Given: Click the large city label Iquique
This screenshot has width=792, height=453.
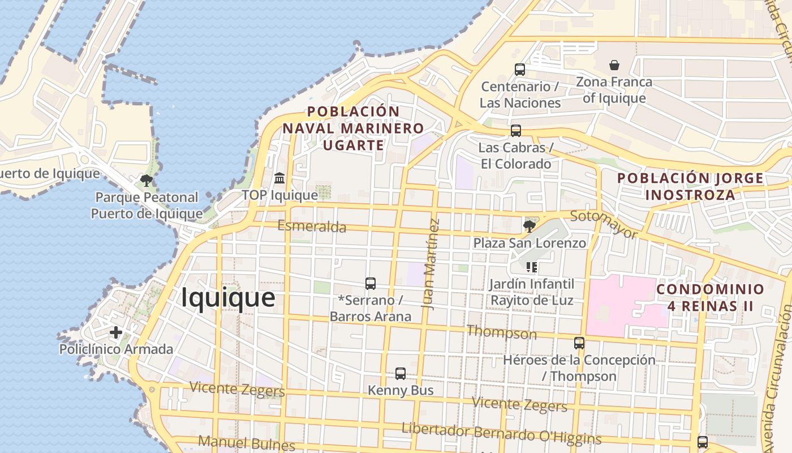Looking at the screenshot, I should coord(228,298).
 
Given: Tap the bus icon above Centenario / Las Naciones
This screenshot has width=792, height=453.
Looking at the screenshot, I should coord(520,70).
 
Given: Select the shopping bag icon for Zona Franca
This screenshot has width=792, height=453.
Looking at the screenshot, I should coord(614,65).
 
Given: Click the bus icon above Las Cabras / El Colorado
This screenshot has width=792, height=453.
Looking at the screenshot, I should coord(515,131).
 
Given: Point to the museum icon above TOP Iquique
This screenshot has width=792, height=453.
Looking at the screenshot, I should coord(279,178).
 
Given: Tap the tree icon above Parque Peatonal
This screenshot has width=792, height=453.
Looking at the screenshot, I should coord(147,181).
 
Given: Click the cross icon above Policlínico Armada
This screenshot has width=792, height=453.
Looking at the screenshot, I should coord(116,332).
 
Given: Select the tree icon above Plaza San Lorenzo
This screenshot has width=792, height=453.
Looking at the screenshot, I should coord(530,226).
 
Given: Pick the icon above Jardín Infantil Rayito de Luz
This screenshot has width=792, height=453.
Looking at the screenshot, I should coord(531,267).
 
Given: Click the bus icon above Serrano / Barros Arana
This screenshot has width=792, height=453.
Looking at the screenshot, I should coord(371,284).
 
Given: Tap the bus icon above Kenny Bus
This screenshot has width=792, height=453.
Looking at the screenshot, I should coord(401,374).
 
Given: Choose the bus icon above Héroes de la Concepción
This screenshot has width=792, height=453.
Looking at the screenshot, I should coord(579,343).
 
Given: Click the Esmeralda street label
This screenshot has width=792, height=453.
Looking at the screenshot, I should coord(312,226).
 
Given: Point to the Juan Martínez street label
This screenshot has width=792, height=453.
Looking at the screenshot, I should coord(431,264).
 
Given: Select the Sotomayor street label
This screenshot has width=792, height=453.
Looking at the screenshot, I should coord(604,224).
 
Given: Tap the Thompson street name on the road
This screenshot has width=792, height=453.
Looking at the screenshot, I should coord(501,332).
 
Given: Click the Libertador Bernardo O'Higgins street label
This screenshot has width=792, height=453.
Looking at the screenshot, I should coord(501,433).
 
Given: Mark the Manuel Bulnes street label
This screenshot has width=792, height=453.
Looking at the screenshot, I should coord(247,442).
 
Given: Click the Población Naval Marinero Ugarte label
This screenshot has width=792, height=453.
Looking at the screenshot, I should coord(353,128).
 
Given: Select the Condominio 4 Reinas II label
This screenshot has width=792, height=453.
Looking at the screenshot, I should coord(710,298).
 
